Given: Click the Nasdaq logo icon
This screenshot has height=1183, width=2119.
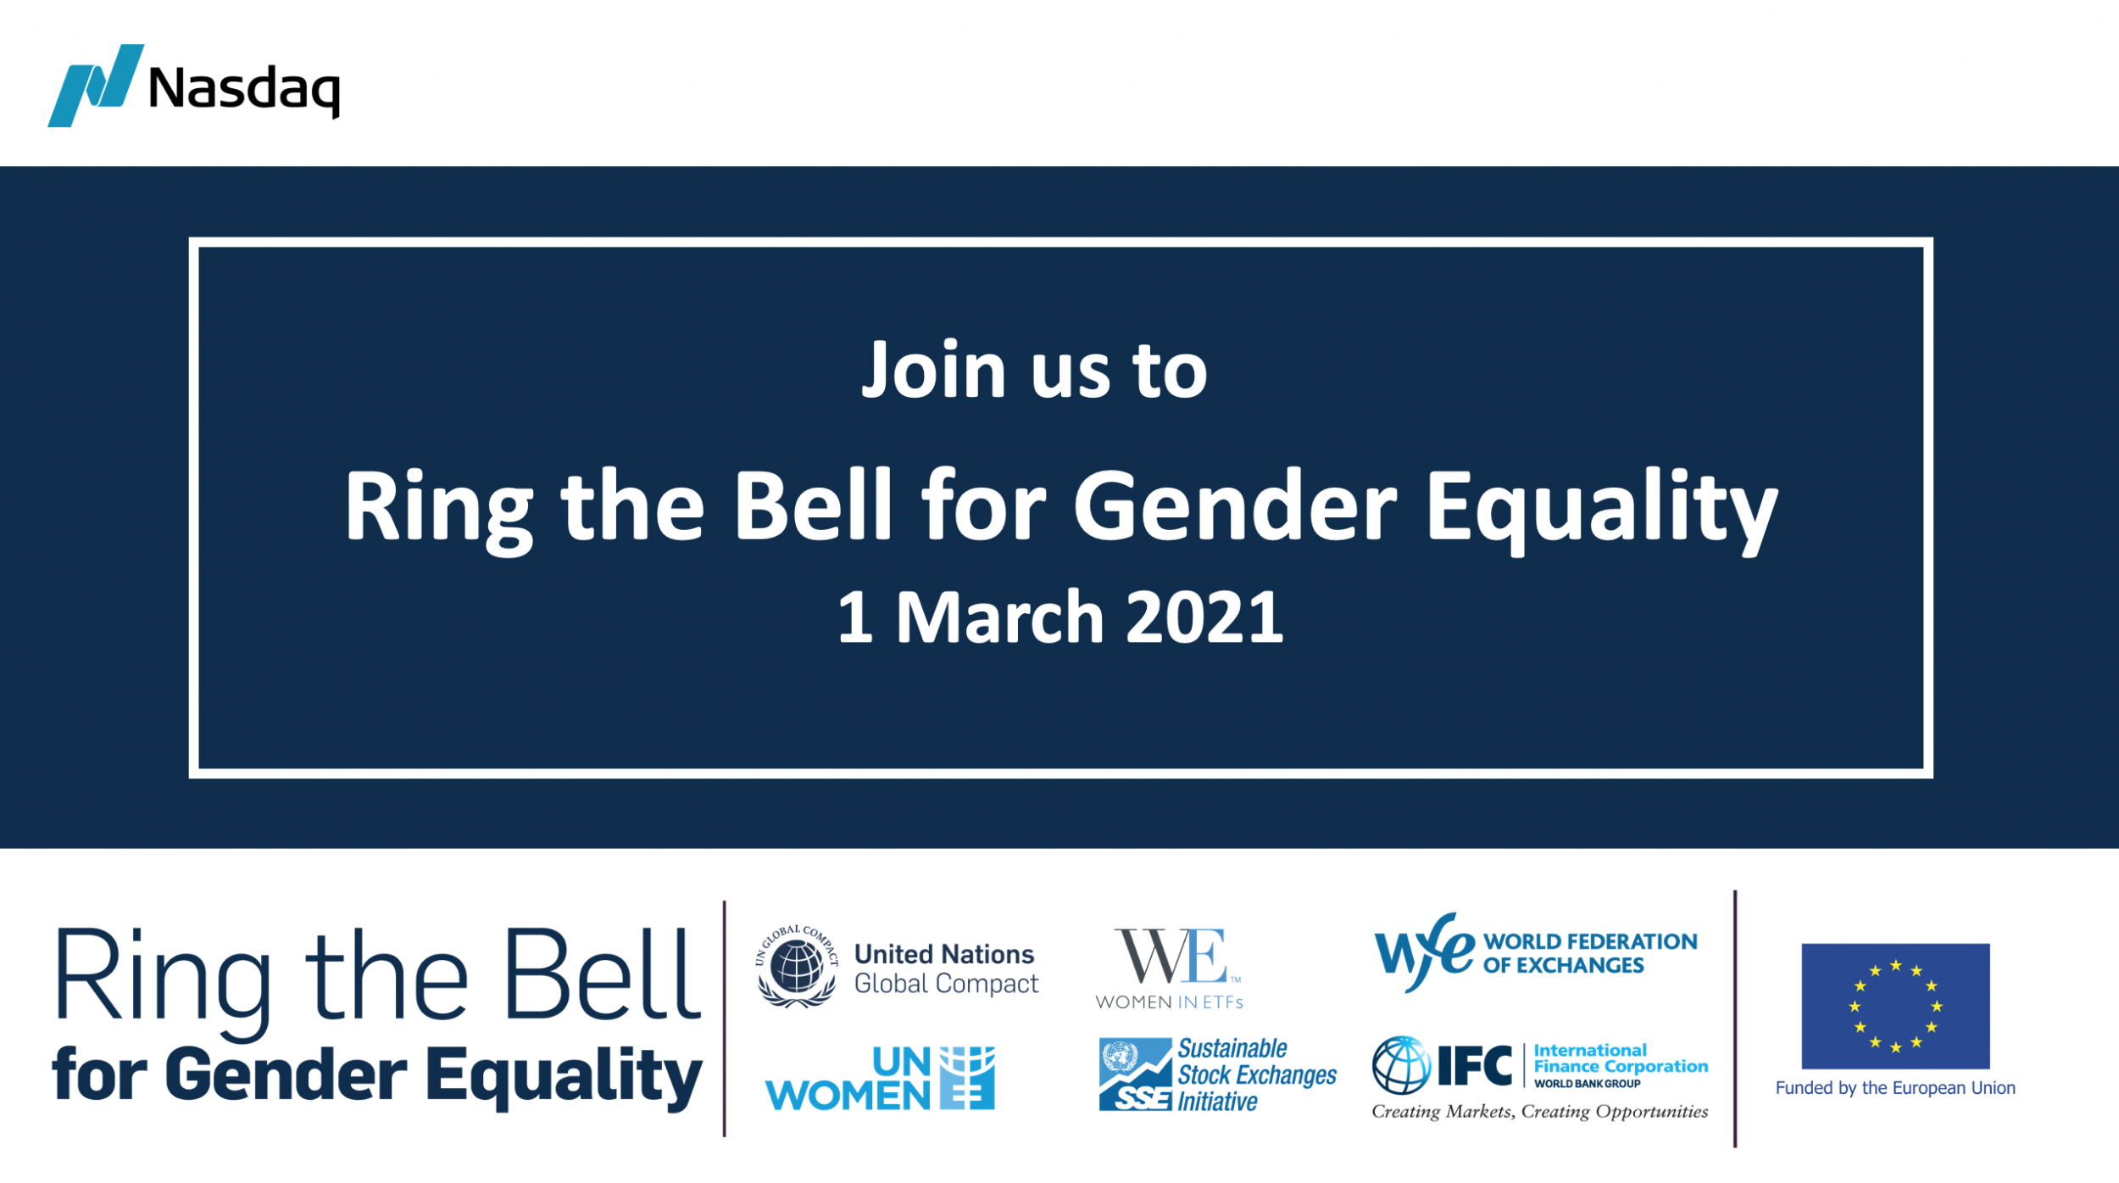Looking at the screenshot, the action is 95,86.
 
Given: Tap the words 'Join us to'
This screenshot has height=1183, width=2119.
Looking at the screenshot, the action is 1034,370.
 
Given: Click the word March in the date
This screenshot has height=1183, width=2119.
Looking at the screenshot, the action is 999,617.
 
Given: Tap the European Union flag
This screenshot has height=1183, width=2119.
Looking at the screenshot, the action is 1895,1006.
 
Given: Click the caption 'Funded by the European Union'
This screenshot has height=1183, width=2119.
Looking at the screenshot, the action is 1895,1088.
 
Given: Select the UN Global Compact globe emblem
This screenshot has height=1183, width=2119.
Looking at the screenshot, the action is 796,967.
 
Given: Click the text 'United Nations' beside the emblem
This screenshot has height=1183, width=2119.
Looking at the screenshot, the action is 944,954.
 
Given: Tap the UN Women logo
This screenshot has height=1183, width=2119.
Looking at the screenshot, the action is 880,1079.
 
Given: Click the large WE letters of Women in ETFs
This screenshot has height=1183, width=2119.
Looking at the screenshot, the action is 1171,956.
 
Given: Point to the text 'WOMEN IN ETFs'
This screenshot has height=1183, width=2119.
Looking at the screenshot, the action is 1170,1002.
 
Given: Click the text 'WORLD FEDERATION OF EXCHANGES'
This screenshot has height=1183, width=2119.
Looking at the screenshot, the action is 1590,953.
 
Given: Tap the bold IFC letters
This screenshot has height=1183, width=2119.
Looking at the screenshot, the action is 1475,1067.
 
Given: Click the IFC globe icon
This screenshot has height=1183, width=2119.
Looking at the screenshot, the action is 1402,1065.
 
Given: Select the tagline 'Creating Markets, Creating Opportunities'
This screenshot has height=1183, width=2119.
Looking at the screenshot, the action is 1540,1112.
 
